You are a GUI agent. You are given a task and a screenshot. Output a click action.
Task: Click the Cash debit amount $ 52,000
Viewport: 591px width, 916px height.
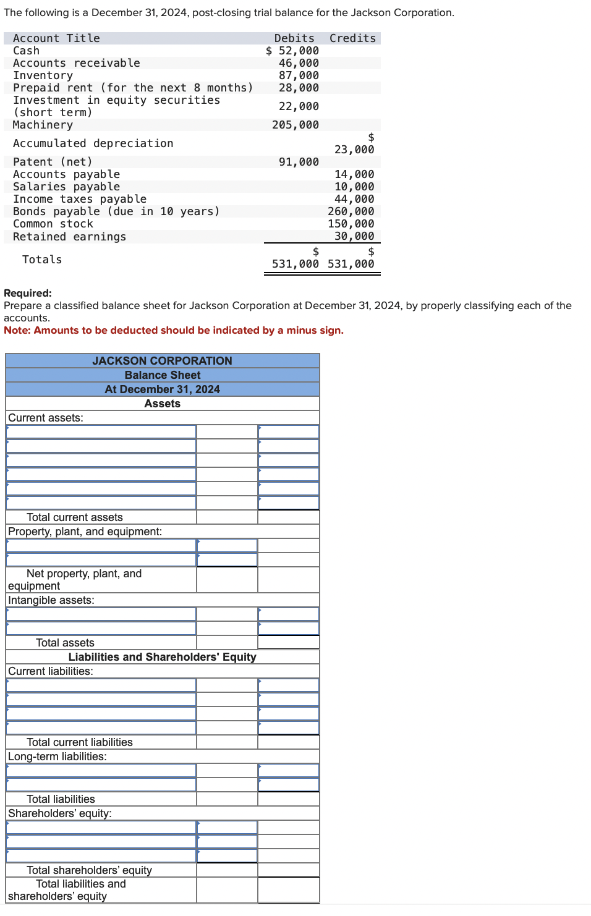pyautogui.click(x=292, y=51)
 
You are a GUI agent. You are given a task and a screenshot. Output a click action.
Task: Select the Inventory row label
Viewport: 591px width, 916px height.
pyautogui.click(x=43, y=75)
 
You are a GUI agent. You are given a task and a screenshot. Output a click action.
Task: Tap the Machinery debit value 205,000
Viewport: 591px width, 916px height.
pyautogui.click(x=295, y=125)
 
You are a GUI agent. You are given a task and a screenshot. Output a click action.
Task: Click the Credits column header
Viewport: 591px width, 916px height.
pyautogui.click(x=352, y=38)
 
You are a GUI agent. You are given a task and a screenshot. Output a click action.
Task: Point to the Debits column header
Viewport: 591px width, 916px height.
pyautogui.click(x=294, y=38)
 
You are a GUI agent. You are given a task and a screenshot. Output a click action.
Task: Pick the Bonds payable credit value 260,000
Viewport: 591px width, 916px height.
pyautogui.click(x=351, y=211)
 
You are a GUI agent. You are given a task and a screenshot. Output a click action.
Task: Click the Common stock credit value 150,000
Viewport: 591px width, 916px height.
pyautogui.click(x=351, y=224)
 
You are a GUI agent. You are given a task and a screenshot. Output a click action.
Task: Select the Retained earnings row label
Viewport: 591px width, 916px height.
pyautogui.click(x=69, y=237)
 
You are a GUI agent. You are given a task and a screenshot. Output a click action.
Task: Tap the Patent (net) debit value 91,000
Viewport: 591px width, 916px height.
pyautogui.click(x=299, y=162)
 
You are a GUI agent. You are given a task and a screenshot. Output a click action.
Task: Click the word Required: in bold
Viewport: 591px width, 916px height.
pyautogui.click(x=28, y=293)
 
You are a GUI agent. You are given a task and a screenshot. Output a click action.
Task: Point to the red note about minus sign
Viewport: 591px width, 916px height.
pyautogui.click(x=174, y=330)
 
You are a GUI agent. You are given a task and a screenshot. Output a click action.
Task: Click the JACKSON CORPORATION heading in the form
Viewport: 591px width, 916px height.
pyautogui.click(x=163, y=360)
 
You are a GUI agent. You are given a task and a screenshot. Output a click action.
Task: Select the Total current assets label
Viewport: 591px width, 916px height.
pyautogui.click(x=74, y=517)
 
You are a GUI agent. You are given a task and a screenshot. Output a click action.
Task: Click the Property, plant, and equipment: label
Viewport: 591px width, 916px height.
pyautogui.click(x=85, y=532)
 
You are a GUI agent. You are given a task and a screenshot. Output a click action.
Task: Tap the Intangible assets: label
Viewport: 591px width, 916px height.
pyautogui.click(x=51, y=600)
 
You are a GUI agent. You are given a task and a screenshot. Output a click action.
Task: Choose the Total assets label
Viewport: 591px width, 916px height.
pyautogui.click(x=65, y=643)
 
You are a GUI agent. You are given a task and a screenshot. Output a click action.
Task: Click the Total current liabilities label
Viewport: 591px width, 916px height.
pyautogui.click(x=79, y=742)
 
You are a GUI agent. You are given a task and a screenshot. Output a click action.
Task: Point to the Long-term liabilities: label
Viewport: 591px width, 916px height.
pyautogui.click(x=57, y=757)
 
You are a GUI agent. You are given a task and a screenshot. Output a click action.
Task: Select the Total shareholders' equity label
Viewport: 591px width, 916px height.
pyautogui.click(x=89, y=870)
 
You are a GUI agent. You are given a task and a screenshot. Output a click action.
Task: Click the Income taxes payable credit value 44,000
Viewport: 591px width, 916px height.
pyautogui.click(x=354, y=199)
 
